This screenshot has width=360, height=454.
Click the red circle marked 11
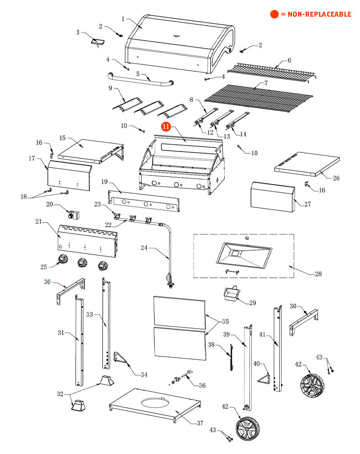coord(166,127)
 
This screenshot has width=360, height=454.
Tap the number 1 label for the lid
coord(123,19)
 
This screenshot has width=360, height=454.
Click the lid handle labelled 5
coord(140,82)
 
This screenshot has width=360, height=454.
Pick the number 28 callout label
coord(318,274)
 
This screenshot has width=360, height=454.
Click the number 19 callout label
coord(104,182)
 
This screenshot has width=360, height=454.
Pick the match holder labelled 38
coord(231,357)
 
